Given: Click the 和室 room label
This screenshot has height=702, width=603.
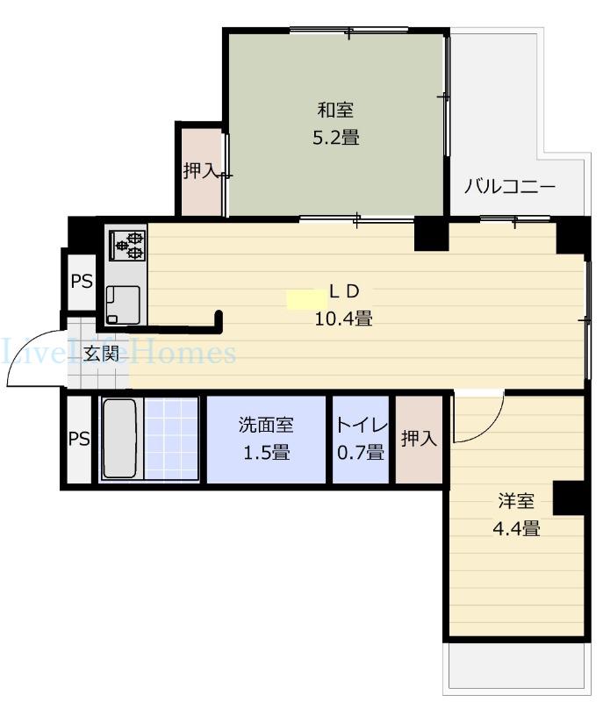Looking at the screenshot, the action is click(335, 111).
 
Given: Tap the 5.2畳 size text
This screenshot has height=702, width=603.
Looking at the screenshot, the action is click(336, 138).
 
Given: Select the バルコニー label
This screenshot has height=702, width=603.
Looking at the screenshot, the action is click(509, 186).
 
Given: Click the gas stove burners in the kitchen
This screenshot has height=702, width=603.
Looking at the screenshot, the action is click(128, 246).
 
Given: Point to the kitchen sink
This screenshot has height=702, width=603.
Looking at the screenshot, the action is click(123, 304).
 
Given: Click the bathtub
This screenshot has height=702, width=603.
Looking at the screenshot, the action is click(119, 438).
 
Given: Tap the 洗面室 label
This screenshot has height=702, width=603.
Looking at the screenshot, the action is click(266, 425).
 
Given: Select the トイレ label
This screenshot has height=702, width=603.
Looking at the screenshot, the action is click(361, 425).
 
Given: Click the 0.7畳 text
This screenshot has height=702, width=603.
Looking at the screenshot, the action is click(361, 453).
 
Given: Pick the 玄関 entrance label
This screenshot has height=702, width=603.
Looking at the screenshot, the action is click(102, 354).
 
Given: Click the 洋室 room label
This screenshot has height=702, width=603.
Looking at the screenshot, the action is click(516, 501).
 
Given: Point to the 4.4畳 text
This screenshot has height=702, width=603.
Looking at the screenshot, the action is click(516, 529).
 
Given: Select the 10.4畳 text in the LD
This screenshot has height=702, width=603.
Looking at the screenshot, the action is click(344, 319).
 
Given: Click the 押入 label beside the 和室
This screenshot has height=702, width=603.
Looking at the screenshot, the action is click(201, 170).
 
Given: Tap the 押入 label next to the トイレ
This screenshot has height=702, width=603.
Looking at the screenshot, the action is click(419, 438).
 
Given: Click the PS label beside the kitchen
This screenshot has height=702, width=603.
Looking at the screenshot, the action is click(82, 281).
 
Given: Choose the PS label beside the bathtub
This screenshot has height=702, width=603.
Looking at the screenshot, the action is click(79, 439).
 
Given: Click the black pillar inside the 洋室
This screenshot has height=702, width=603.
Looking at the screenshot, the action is click(570, 498).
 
